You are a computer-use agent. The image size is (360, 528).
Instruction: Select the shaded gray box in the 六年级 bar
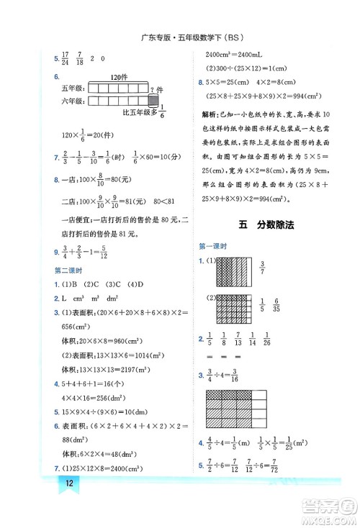click(153, 103)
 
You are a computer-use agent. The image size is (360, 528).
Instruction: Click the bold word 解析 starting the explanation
click(213, 114)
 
